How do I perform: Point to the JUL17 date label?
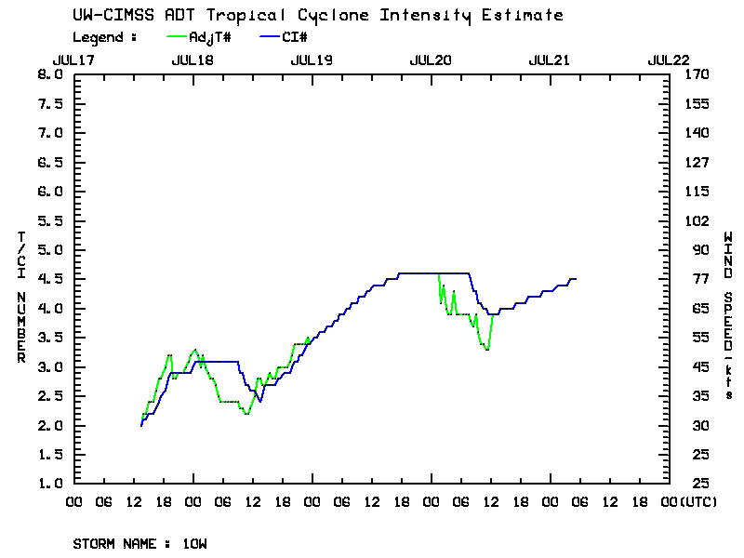click(74, 59)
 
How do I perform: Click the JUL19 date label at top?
click(312, 59)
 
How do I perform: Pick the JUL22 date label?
click(669, 59)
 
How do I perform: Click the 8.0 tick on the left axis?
click(50, 74)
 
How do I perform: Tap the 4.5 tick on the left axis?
click(50, 279)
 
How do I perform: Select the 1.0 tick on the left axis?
click(50, 484)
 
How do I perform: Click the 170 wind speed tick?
click(696, 74)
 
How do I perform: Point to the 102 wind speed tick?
click(696, 220)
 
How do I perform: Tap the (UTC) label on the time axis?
click(698, 501)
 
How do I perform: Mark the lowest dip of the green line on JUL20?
click(487, 350)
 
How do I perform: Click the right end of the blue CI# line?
click(576, 279)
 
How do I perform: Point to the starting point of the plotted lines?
click(141, 425)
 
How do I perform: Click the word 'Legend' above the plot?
click(100, 37)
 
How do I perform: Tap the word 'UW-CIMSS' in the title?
click(105, 15)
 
